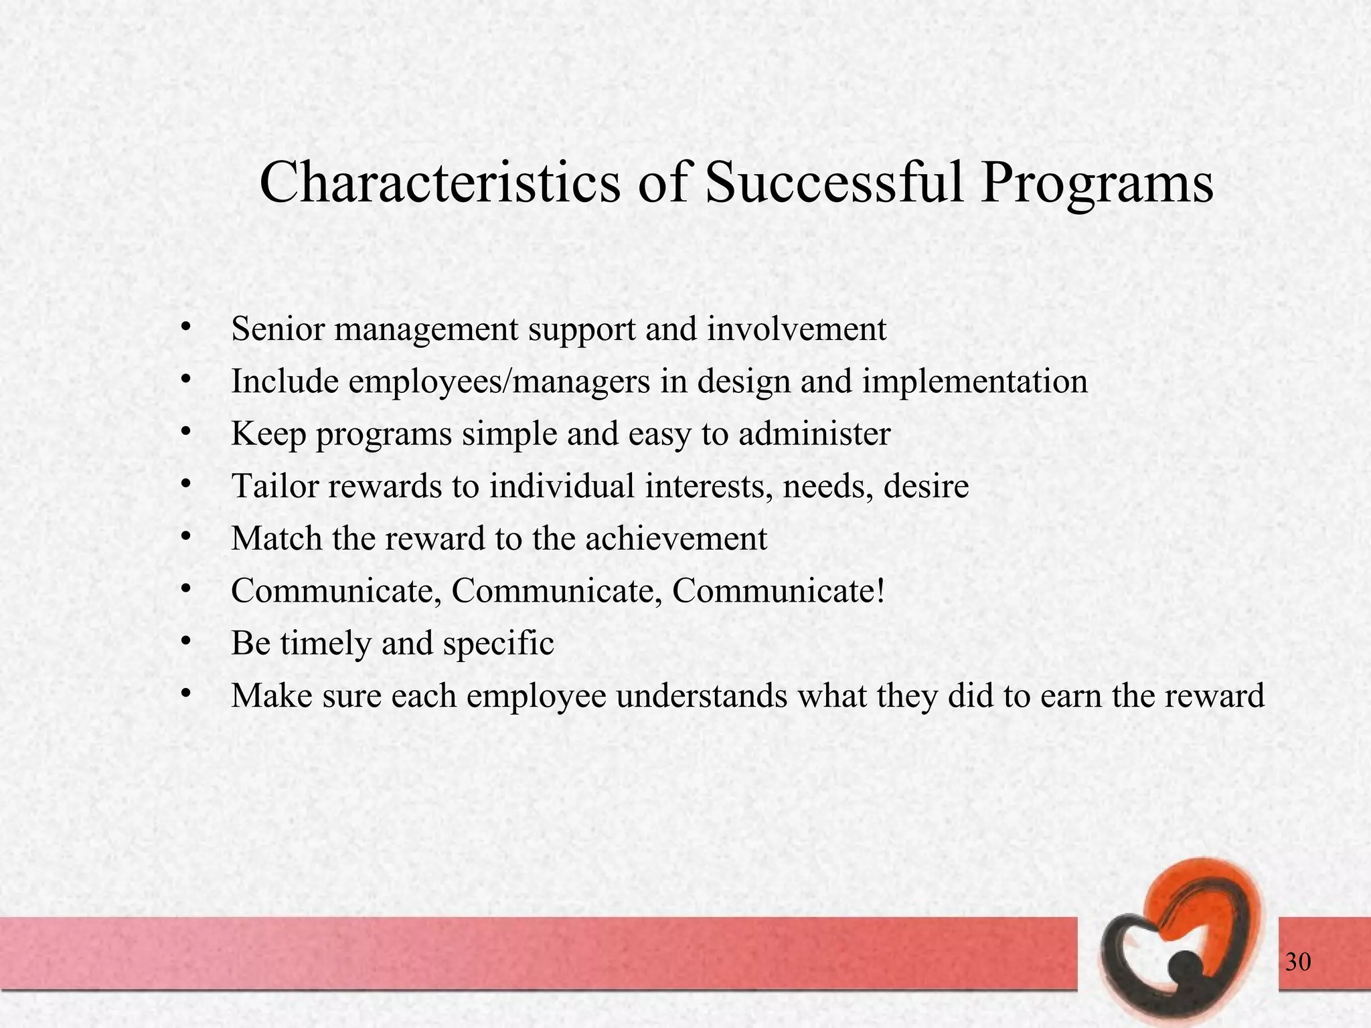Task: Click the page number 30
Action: click(1298, 962)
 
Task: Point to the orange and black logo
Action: click(1182, 944)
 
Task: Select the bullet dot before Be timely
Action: click(186, 642)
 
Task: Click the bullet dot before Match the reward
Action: click(186, 537)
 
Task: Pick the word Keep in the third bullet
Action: click(268, 434)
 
